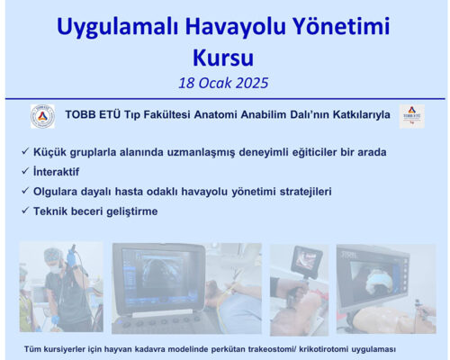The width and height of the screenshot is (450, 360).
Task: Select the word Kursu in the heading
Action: pyautogui.click(x=224, y=58)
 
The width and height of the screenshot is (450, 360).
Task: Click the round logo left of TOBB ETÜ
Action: pyautogui.click(x=42, y=115)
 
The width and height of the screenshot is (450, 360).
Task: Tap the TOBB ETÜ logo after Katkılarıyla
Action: pyautogui.click(x=411, y=115)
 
